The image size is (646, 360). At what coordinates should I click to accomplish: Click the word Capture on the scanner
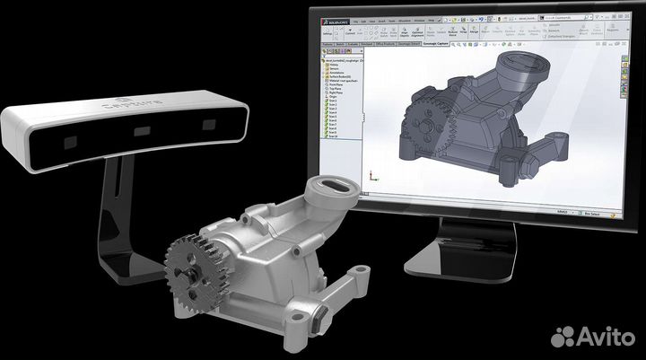point(133,109)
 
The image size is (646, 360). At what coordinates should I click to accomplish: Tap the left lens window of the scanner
point(67,143)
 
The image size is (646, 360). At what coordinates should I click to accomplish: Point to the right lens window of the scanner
point(209,124)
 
